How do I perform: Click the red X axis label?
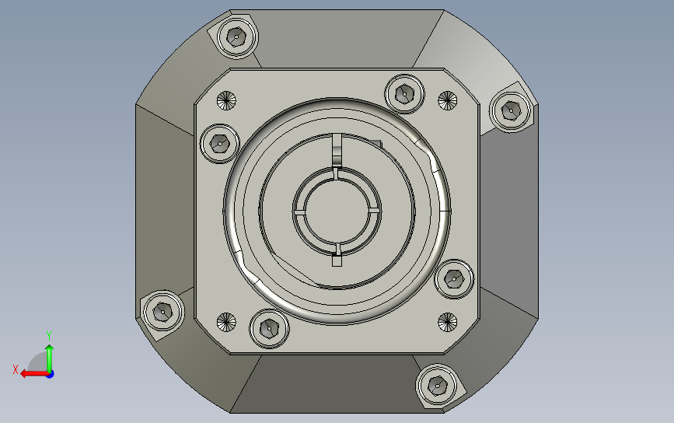[x=16, y=369]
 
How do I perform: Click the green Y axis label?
[x=49, y=335]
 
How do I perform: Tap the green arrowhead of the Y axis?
[x=50, y=348]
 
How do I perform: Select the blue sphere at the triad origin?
[x=50, y=375]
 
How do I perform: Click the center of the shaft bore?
[x=337, y=211]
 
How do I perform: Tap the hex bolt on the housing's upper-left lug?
[x=236, y=37]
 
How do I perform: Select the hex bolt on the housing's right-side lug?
[x=511, y=110]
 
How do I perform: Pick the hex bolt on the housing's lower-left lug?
[x=163, y=312]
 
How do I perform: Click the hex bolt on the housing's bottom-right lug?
[x=438, y=386]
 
